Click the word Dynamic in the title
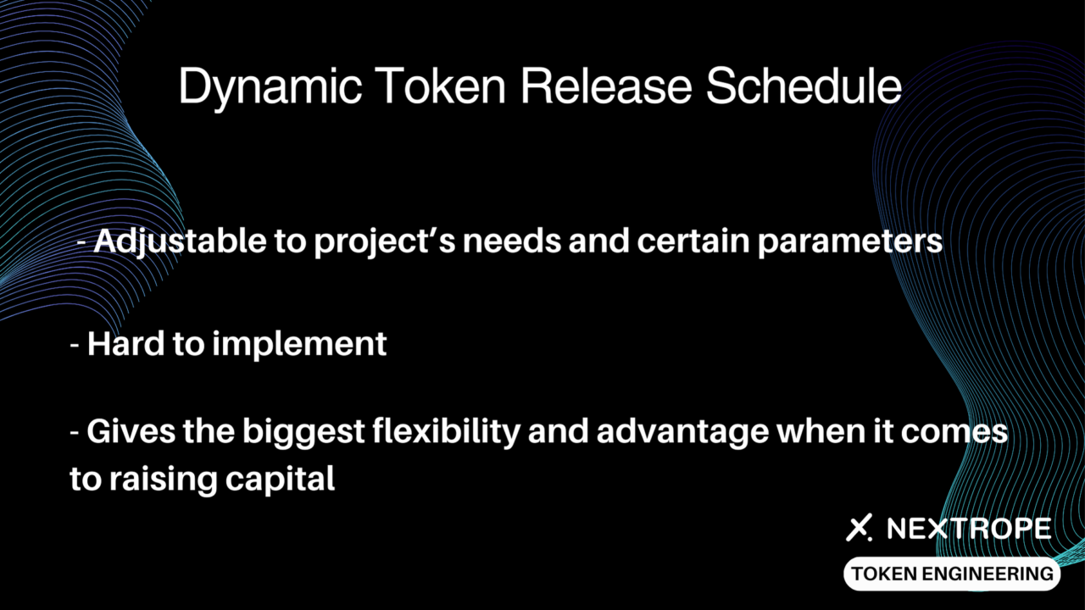click(270, 87)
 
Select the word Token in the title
click(440, 86)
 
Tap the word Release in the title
click(606, 86)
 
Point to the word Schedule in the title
click(804, 86)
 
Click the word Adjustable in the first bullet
click(180, 242)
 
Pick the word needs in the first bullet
click(511, 241)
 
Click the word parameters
click(850, 243)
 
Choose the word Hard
click(126, 343)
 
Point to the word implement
click(299, 345)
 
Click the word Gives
click(131, 431)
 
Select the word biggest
click(303, 433)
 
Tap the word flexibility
click(446, 433)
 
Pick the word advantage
click(683, 433)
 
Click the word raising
click(164, 480)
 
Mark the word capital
click(280, 480)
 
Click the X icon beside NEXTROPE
click(859, 528)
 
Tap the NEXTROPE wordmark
click(969, 528)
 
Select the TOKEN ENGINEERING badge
click(952, 574)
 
